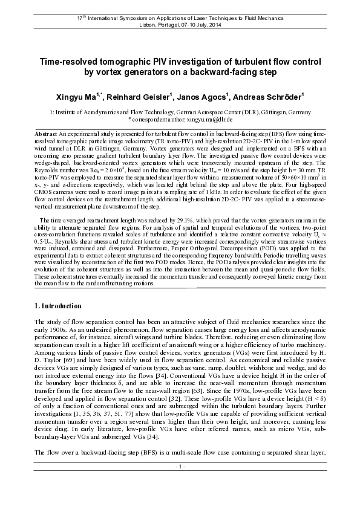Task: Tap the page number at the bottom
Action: click(180, 501)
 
